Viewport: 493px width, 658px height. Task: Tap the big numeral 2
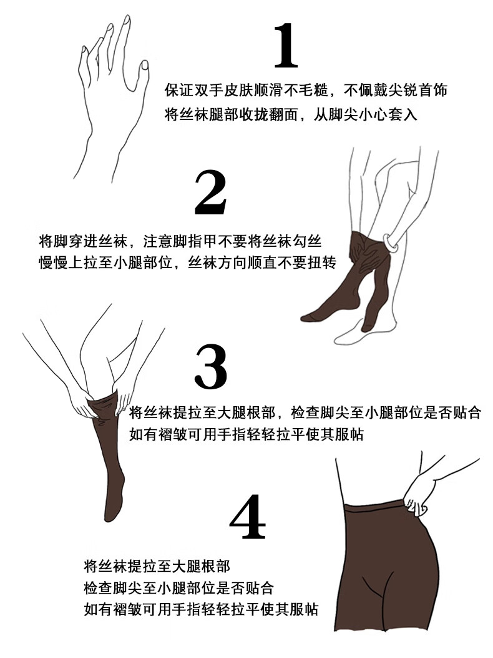pyautogui.click(x=211, y=194)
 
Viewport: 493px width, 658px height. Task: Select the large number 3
pyautogui.click(x=212, y=367)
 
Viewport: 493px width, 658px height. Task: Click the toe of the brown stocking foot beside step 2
pyautogui.click(x=306, y=316)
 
